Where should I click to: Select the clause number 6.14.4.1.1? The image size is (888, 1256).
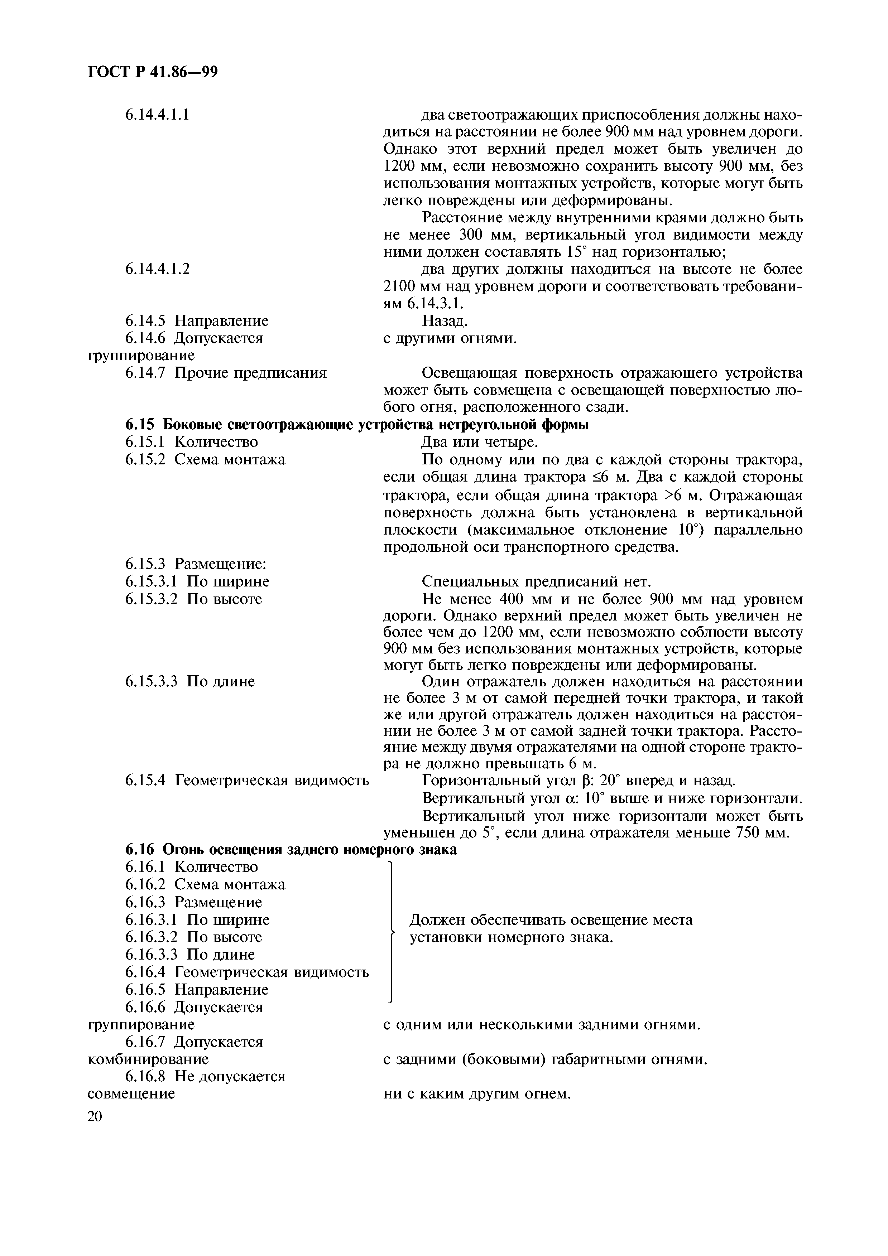pos(157,115)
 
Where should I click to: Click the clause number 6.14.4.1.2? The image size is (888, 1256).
pos(157,269)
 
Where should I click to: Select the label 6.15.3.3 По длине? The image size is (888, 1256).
pos(190,682)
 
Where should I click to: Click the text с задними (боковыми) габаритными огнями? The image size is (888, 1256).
pos(545,1059)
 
